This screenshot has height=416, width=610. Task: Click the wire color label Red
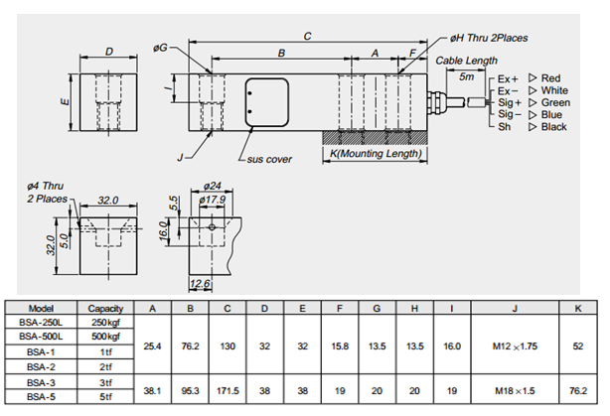pos(552,77)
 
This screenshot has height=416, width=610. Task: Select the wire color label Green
pos(555,102)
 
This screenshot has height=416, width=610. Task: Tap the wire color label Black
pos(554,127)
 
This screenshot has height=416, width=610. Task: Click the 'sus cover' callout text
pos(270,159)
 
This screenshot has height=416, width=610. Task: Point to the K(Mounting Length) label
pos(375,154)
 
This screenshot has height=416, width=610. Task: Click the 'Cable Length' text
pos(466,61)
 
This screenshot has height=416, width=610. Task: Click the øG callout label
pos(160,47)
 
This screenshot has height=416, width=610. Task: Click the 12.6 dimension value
pos(199,285)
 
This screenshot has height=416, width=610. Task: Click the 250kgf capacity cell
pos(105,323)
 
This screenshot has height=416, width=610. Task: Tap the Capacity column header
pos(105,308)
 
